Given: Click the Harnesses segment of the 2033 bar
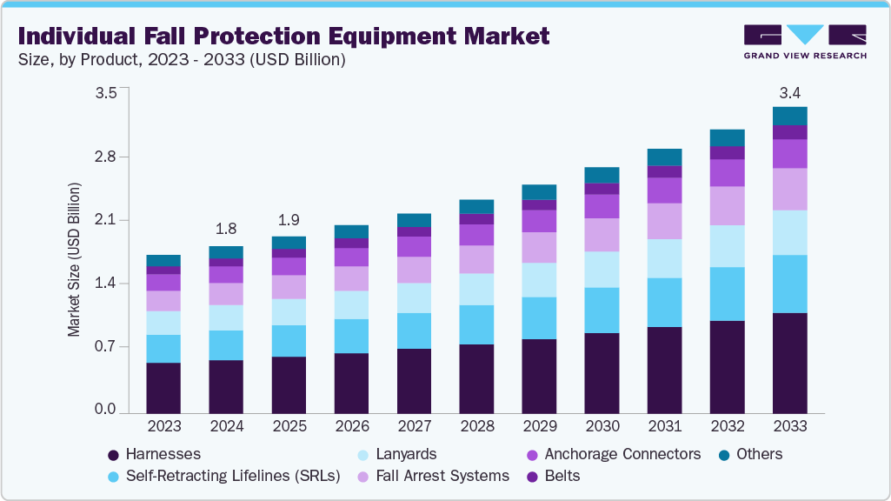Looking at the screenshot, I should coord(789,362).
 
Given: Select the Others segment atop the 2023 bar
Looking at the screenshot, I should coord(163,260).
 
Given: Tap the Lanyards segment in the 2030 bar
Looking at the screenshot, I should coord(602,270).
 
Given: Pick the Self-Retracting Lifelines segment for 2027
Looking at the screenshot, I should coord(414,331).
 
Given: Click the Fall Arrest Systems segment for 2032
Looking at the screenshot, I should coord(727,205).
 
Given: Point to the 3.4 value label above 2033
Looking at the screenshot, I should coord(789,93).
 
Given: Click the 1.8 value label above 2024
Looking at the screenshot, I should coord(226,230).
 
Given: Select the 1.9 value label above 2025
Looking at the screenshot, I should coord(289,219).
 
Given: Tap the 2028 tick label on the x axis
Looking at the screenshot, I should coord(476,427).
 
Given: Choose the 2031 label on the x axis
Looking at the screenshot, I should coord(664,427).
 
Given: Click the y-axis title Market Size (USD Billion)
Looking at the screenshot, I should coord(74,260).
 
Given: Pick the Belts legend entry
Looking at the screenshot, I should coord(562,476).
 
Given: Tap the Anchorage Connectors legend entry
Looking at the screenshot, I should coord(622,454).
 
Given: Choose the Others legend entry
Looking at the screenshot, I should coord(758,454).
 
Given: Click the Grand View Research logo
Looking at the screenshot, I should coord(805,42).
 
